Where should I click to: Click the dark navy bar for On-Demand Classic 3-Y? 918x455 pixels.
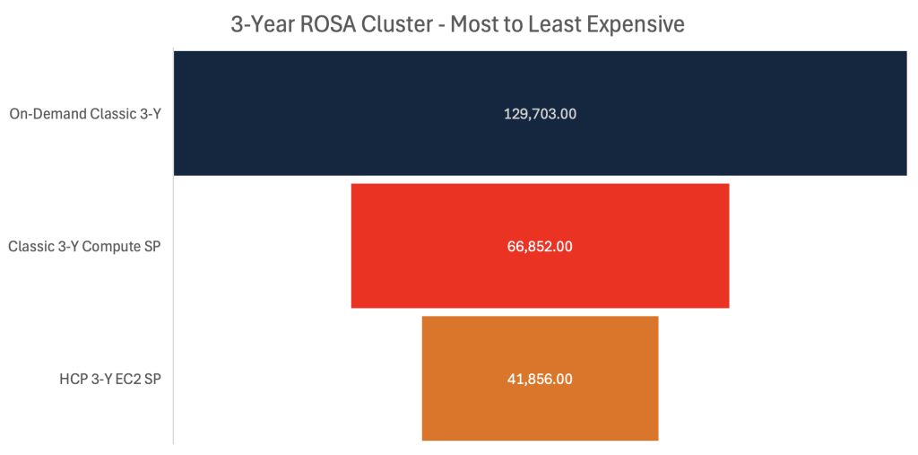pos(359,114)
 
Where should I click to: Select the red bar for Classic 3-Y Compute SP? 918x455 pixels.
pos(430,246)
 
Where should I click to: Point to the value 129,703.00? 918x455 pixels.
pos(540,114)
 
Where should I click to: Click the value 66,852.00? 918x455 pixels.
pos(540,246)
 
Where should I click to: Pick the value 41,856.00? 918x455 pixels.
pos(540,379)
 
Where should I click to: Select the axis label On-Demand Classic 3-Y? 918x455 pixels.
pos(85,114)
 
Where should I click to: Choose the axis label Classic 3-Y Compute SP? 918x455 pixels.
pos(84,246)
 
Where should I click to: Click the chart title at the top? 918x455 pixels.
pos(457,24)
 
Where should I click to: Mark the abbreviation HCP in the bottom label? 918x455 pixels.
pos(72,379)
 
